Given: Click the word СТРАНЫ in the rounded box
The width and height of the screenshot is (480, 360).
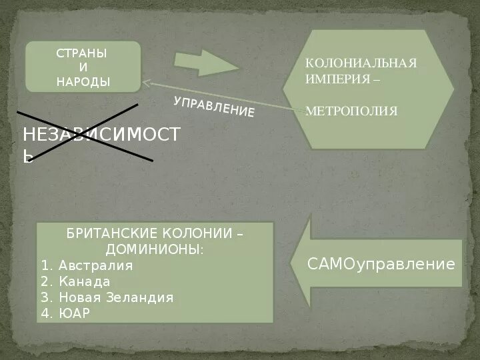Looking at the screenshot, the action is coord(83,53).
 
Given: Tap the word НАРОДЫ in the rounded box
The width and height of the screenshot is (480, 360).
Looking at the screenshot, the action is coord(83,81).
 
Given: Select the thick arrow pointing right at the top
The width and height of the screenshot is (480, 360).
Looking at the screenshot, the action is coord(206,63).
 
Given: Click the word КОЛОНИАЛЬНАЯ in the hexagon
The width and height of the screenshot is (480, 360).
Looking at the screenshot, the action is coord(361,63).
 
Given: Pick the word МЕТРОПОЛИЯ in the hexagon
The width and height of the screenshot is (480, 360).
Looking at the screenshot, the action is coord(351,111).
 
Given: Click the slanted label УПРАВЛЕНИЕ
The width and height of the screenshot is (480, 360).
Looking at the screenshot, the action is coord(214,107).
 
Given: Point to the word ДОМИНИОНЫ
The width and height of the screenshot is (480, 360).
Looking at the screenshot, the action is coord(154,250).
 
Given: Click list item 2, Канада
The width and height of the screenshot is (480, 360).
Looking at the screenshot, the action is coord(85,281).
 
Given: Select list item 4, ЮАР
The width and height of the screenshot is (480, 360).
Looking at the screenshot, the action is coord(74,313).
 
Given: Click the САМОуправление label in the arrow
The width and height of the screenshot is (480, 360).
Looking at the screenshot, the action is coord(381,264).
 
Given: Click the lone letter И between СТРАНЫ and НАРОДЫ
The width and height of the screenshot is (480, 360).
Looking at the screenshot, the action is coord(83,67).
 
